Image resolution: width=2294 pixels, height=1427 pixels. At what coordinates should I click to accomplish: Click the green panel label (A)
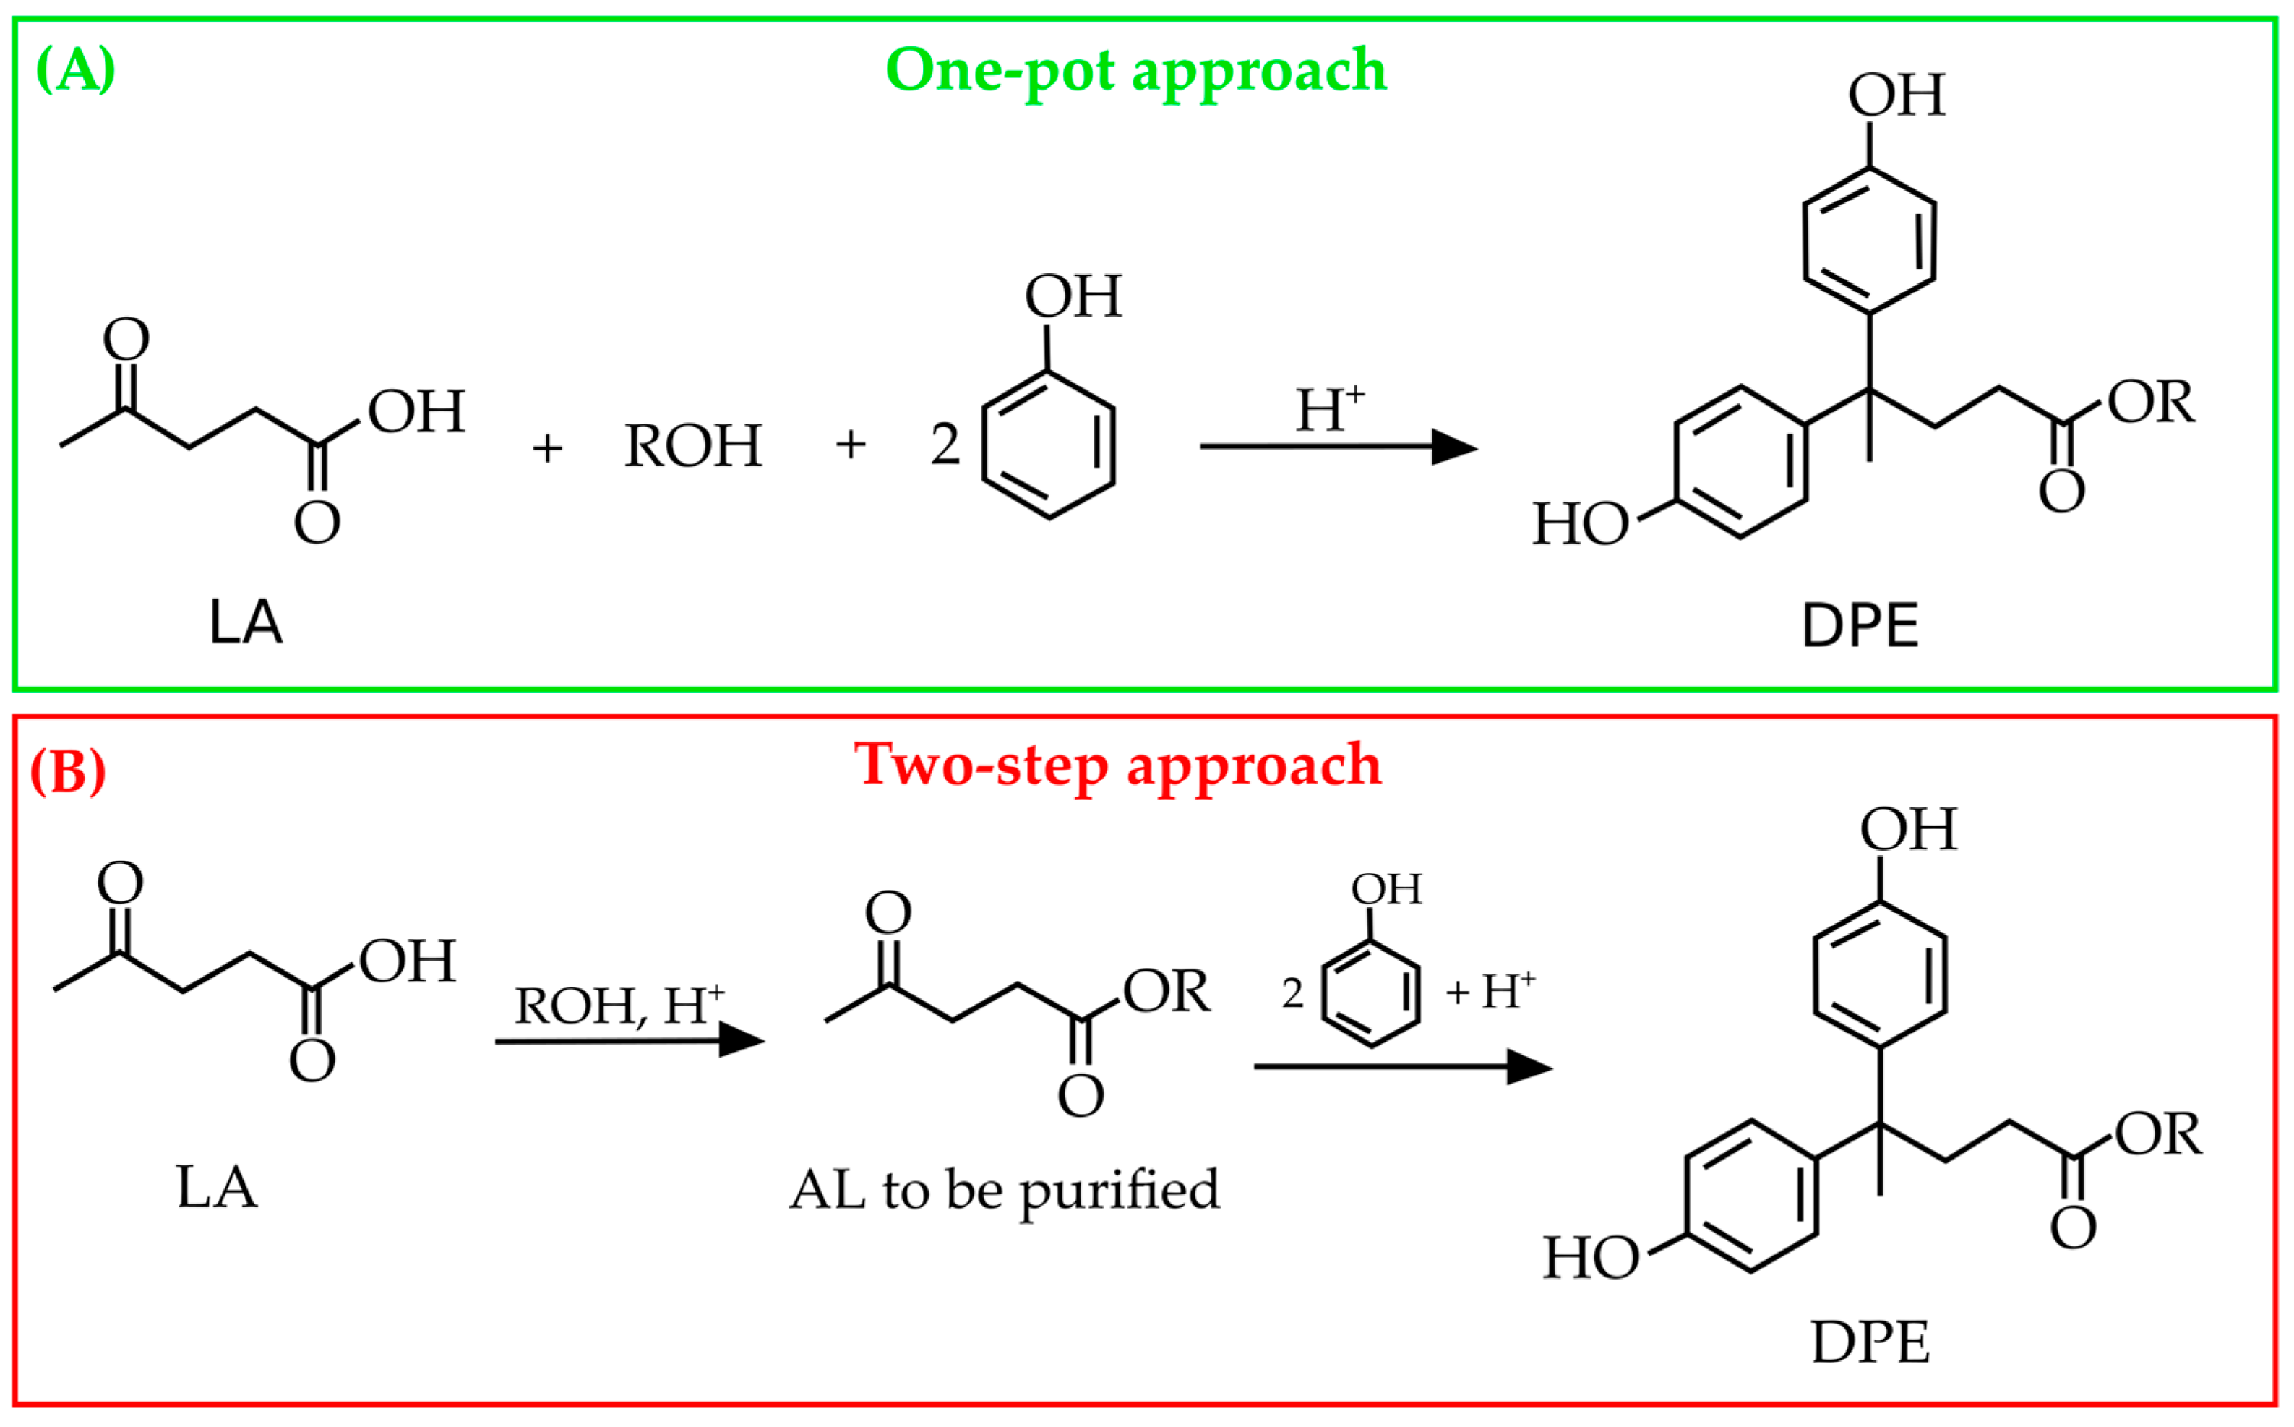point(75,71)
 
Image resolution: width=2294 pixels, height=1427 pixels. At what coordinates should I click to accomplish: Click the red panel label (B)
point(68,772)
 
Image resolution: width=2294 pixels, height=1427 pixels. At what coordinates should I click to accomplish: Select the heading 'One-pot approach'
point(1136,71)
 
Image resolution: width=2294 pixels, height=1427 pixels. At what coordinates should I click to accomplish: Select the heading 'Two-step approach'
point(1117,766)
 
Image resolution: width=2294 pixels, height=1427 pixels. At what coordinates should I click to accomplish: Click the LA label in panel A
point(245,623)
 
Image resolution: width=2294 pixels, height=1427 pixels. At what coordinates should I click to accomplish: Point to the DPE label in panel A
point(1860,626)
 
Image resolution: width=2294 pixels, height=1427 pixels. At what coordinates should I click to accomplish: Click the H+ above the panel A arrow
point(1328,410)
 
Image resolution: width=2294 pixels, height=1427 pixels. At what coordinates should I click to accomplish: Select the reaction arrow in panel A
point(1337,447)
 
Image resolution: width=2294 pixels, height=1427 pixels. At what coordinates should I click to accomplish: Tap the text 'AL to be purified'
point(1004,1190)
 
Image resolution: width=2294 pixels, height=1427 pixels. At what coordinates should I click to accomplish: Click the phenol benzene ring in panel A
point(1049,445)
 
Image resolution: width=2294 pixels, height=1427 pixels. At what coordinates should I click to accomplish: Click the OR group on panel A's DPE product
point(2151,402)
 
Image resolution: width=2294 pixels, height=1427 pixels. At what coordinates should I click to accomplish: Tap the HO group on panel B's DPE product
point(1591,1259)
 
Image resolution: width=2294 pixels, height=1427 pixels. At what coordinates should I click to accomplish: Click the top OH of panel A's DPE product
point(1896,95)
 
